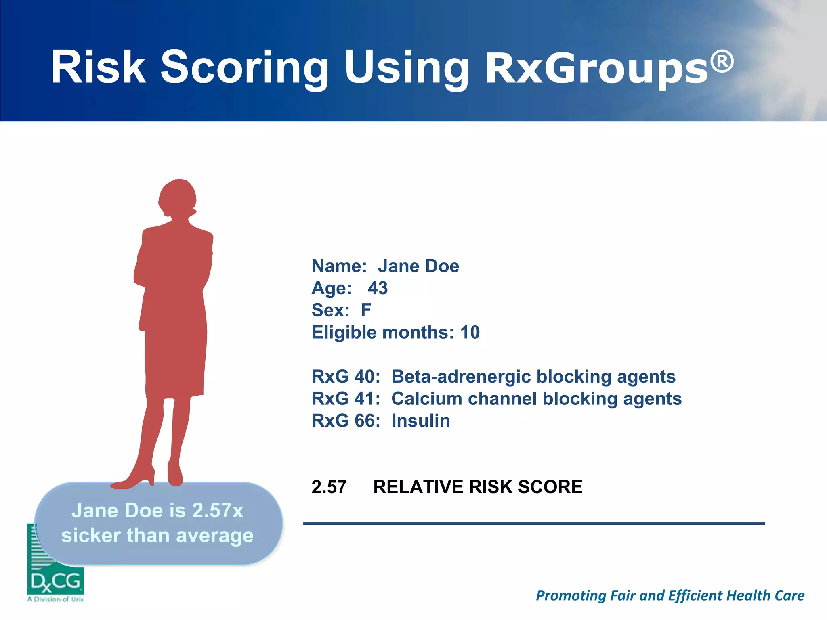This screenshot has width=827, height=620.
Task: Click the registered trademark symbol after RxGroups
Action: (722, 62)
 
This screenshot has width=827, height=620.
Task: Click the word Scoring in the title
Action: (244, 67)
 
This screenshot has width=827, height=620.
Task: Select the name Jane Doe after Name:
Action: (418, 266)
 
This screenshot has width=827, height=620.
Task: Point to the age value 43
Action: (378, 288)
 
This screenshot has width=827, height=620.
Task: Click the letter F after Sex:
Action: (366, 310)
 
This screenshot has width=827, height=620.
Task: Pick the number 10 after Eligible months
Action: (470, 333)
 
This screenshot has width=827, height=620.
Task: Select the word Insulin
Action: (420, 421)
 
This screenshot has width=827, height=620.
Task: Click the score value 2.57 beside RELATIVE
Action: (329, 487)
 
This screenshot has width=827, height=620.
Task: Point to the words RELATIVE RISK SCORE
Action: (478, 487)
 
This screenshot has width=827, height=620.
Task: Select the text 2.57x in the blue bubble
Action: (217, 511)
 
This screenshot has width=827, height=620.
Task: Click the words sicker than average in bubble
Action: (157, 536)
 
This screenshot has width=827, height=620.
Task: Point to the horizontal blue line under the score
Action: (534, 524)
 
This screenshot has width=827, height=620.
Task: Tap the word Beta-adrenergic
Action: (461, 377)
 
